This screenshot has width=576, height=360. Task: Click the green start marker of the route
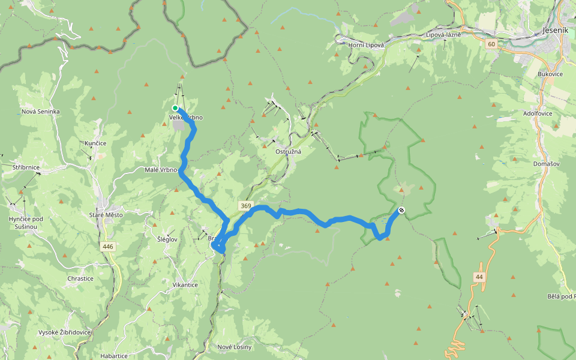175,108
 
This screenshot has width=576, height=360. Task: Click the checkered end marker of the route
401,211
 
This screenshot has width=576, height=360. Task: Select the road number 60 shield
491,44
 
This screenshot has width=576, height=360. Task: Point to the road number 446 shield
107,247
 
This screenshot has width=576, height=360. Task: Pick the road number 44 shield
478,277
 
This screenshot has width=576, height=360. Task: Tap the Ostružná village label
288,152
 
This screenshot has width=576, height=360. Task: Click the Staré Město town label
105,215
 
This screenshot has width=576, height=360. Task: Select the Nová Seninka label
40,112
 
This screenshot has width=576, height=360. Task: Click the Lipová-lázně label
443,35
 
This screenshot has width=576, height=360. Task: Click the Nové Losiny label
235,347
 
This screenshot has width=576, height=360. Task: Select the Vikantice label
185,284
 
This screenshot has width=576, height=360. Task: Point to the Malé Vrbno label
161,170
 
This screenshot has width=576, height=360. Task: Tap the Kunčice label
95,143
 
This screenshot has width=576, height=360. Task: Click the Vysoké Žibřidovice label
64,332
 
